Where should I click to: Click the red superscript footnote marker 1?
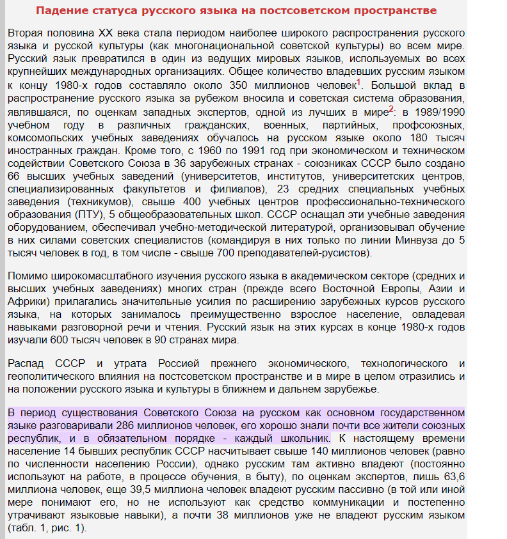pos(359,81)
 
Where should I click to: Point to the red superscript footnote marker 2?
pos(391,109)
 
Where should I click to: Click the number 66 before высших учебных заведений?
pos(15,176)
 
